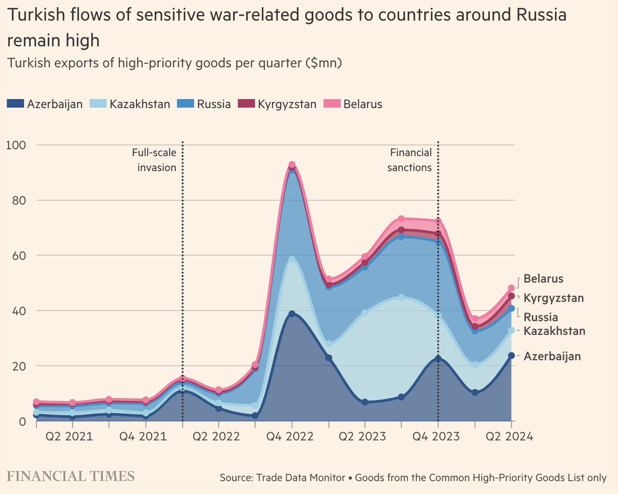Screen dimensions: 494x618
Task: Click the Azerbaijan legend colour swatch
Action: click(x=15, y=104)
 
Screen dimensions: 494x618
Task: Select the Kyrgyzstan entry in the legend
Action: click(x=277, y=104)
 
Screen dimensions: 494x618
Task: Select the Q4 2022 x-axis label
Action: click(x=291, y=436)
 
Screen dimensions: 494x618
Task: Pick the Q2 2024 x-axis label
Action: click(x=510, y=436)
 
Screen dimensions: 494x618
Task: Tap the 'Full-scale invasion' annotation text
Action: click(x=154, y=160)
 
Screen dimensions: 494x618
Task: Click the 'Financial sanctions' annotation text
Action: click(x=410, y=160)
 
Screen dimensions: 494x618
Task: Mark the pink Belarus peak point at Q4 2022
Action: click(x=292, y=165)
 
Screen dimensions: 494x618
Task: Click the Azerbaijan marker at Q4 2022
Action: click(x=292, y=314)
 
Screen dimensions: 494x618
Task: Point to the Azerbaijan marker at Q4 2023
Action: click(x=438, y=359)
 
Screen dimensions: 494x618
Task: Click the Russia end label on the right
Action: click(x=541, y=317)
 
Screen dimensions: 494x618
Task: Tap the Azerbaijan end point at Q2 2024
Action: click(x=511, y=355)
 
